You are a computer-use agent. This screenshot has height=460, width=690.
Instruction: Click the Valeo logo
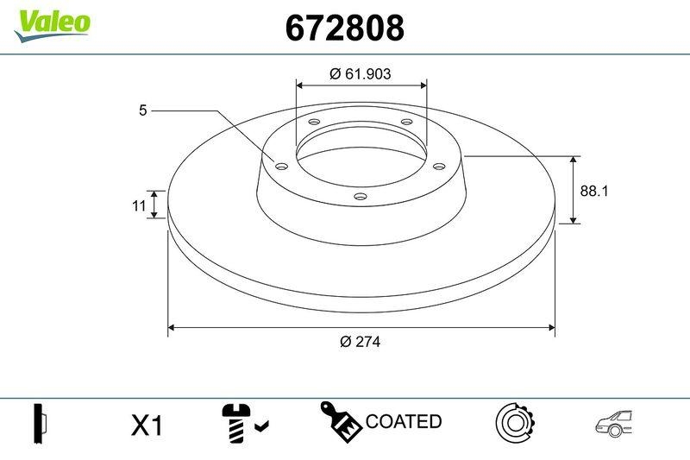coord(52,22)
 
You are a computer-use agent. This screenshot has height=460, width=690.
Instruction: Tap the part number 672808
coord(344,28)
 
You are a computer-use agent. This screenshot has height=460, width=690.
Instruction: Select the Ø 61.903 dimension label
coord(361,74)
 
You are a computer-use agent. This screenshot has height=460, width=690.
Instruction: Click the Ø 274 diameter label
coord(361,341)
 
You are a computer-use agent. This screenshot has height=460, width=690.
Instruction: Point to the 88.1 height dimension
coord(594,192)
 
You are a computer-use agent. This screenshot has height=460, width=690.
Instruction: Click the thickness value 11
coord(137,205)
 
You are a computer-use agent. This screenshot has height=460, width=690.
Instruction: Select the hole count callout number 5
coord(143,110)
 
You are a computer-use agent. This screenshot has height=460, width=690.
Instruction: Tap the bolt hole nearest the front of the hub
coord(361,197)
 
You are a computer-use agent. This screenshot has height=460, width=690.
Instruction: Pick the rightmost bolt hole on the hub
coord(438,165)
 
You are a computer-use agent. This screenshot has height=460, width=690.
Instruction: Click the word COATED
coord(404,422)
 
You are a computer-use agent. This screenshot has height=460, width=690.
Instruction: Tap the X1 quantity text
coord(147,425)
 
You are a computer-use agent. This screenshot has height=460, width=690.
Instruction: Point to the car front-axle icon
coord(618,422)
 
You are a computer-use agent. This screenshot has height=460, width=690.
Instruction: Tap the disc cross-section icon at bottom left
coord(41,423)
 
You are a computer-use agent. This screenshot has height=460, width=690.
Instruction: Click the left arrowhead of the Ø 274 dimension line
coord(172,328)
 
